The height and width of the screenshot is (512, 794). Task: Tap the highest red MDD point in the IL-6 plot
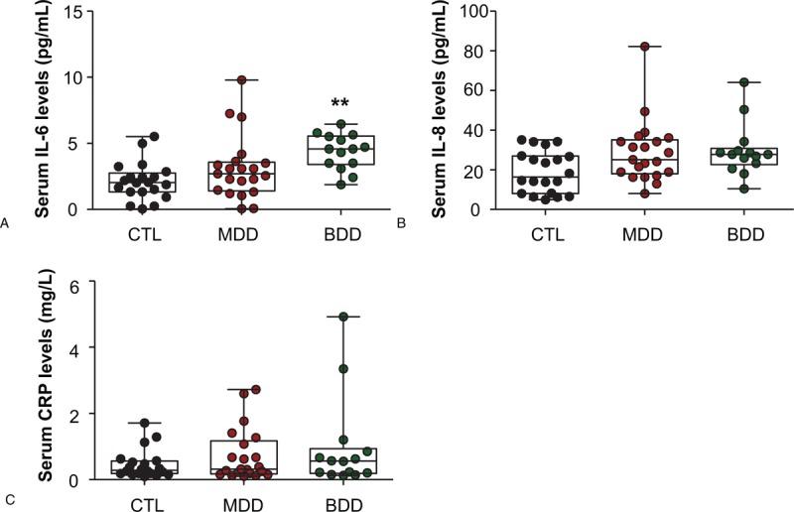[241, 79]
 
